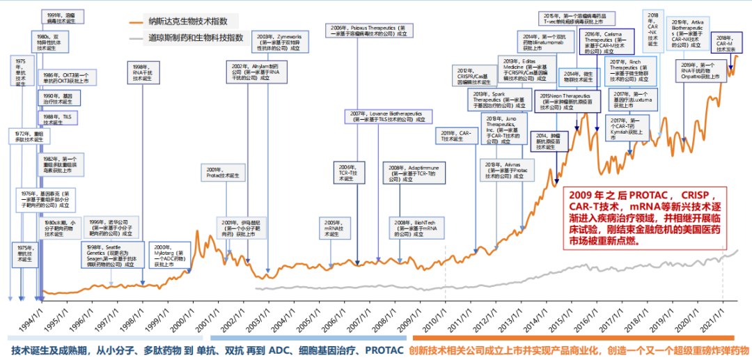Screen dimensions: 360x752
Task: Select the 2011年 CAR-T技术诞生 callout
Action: pyautogui.click(x=457, y=136)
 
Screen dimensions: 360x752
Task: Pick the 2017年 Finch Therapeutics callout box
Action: pyautogui.click(x=627, y=72)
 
